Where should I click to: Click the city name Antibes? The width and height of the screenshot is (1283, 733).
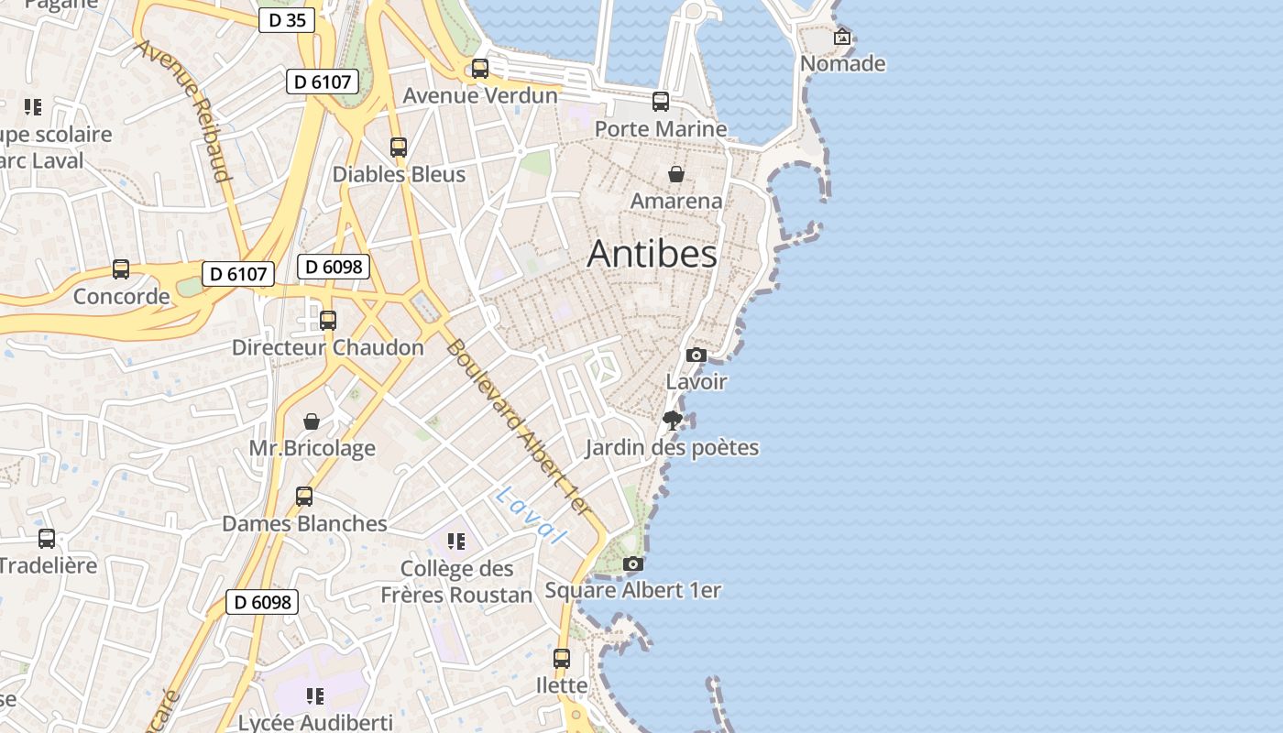(652, 254)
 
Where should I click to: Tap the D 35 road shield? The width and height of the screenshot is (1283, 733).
(287, 20)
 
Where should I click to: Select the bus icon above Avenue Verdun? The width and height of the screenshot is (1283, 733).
(480, 69)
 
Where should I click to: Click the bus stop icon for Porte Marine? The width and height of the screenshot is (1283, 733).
(661, 102)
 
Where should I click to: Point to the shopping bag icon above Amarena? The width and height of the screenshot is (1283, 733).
(676, 174)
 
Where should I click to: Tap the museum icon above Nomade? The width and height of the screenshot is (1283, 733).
(842, 38)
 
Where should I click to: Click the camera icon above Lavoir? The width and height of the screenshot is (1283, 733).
(696, 356)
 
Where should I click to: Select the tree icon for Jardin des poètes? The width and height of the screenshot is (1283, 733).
(673, 421)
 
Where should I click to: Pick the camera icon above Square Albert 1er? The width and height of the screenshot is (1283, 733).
(632, 564)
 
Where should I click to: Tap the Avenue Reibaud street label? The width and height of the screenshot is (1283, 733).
(183, 110)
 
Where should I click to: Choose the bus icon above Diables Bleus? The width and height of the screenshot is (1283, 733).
(399, 148)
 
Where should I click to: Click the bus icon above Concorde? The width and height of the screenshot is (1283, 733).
(121, 269)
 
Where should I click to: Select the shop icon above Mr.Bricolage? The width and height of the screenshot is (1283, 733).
(312, 421)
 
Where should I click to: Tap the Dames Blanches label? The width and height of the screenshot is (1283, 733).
(304, 523)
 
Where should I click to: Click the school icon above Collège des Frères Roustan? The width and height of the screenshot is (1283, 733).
(456, 542)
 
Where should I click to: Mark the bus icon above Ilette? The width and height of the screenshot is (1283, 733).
(562, 659)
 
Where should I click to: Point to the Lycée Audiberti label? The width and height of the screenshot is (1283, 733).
(315, 722)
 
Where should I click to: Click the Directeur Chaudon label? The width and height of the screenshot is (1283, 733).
(327, 347)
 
